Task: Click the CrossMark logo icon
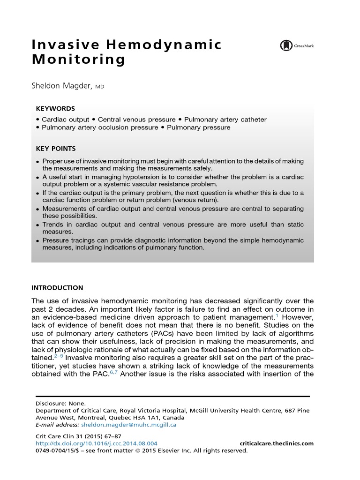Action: pos(285,45)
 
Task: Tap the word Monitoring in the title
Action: pos(78,60)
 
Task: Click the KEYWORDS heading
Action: pos(55,108)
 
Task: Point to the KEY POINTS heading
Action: pos(56,149)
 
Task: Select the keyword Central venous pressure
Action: pos(136,120)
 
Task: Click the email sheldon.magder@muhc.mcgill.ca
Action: pos(128,425)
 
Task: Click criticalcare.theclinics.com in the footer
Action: pos(276,443)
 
